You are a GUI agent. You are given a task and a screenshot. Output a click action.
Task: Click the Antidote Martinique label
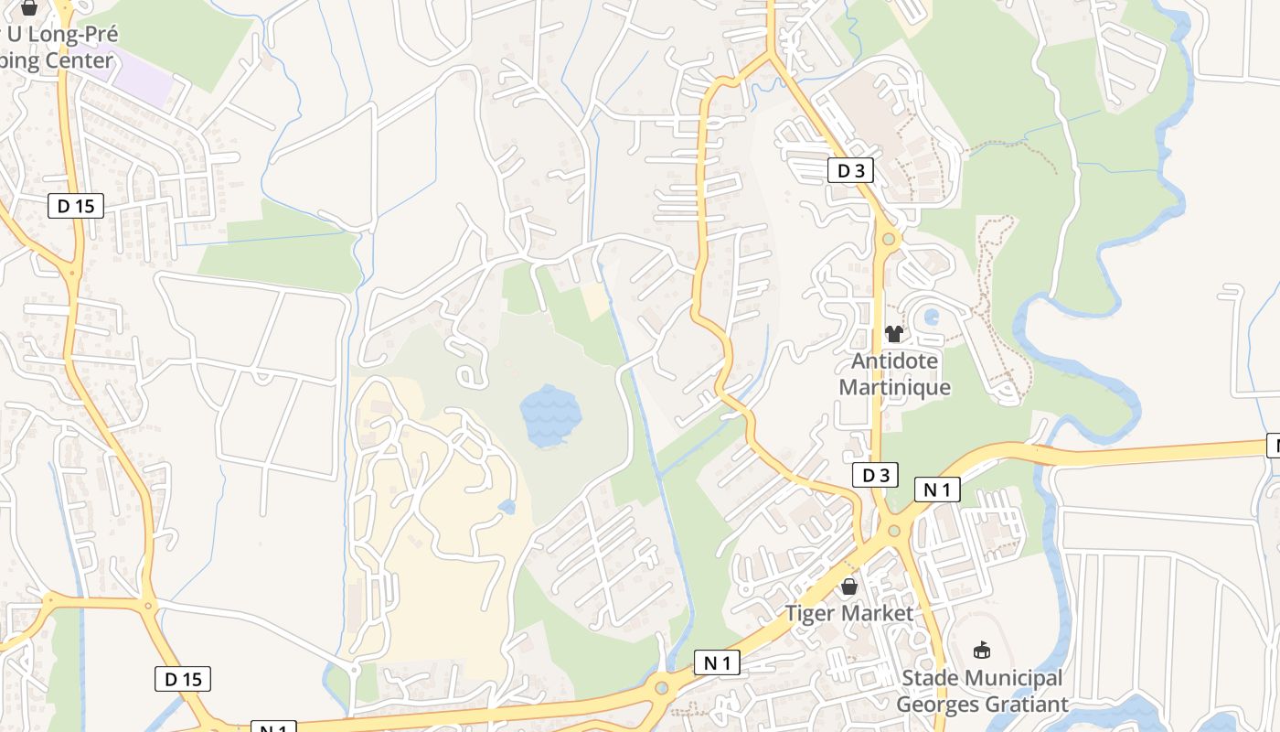(894, 373)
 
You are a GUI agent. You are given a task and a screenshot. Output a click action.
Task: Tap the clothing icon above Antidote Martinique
(894, 334)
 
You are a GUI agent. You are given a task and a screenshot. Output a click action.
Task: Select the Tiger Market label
(849, 613)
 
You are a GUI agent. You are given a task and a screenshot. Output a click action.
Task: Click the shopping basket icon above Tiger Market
(849, 587)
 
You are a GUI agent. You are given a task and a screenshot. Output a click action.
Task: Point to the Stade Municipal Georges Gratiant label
(982, 691)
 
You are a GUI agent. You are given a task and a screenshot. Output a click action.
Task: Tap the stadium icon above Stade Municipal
(983, 651)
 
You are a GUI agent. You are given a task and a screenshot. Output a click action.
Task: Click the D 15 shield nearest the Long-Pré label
(76, 206)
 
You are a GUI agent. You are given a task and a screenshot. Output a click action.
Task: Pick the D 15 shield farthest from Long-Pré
(183, 679)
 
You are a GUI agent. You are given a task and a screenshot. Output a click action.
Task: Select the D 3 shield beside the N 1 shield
(875, 475)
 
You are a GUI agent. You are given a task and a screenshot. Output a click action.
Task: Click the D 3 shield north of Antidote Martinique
(850, 170)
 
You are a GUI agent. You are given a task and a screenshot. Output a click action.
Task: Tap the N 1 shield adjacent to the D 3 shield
(937, 490)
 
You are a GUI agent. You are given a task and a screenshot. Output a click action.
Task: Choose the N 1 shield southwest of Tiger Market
(716, 662)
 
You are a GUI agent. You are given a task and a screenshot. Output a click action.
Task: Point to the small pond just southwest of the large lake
(507, 506)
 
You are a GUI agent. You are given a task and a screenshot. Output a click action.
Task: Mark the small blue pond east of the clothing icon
(931, 318)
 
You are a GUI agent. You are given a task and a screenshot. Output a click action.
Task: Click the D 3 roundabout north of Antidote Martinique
(888, 240)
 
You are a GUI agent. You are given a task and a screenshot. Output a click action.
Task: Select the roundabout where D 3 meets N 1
(893, 531)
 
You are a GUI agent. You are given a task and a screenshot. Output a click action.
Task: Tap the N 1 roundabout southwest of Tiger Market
(661, 687)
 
